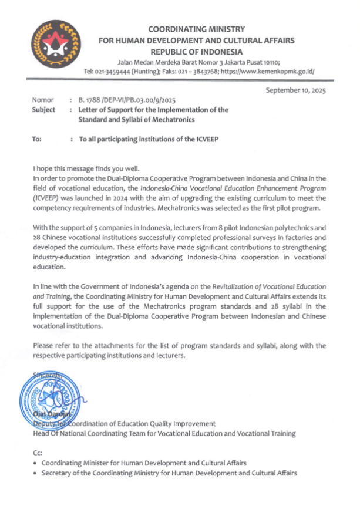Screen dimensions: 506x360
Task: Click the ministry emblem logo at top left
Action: pyautogui.click(x=57, y=46)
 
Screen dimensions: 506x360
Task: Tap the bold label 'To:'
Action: pyautogui.click(x=38, y=140)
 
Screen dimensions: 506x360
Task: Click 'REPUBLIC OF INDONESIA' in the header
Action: pyautogui.click(x=197, y=50)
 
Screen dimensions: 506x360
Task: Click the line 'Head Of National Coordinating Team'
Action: pyautogui.click(x=164, y=433)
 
